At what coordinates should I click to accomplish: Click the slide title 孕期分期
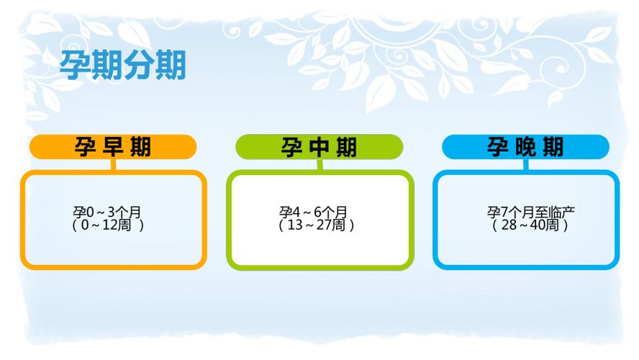pyautogui.click(x=122, y=65)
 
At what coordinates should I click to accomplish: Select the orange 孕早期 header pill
pyautogui.click(x=113, y=147)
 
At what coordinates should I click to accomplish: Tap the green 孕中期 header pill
pyautogui.click(x=319, y=147)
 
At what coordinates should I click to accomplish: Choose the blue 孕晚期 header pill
pyautogui.click(x=526, y=147)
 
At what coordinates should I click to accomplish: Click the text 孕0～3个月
pyautogui.click(x=107, y=212)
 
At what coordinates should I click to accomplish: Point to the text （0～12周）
pyautogui.click(x=108, y=225)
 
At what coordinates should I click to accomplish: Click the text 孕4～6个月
pyautogui.click(x=314, y=212)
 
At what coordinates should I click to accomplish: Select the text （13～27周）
pyautogui.click(x=316, y=225)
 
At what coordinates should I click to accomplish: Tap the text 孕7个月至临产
pyautogui.click(x=531, y=212)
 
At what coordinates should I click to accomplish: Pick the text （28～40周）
pyautogui.click(x=530, y=225)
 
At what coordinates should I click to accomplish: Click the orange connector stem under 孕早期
pyautogui.click(x=113, y=165)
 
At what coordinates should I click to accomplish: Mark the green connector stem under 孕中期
pyautogui.click(x=320, y=165)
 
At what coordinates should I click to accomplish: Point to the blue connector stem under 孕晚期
pyautogui.click(x=526, y=165)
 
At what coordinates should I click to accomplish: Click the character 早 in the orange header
pyautogui.click(x=112, y=147)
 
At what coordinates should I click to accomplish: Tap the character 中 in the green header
pyautogui.click(x=319, y=147)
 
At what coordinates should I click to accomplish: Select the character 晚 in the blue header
pyautogui.click(x=525, y=147)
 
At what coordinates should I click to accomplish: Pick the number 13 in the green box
pyautogui.click(x=295, y=225)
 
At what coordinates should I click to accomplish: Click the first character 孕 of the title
pyautogui.click(x=75, y=65)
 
